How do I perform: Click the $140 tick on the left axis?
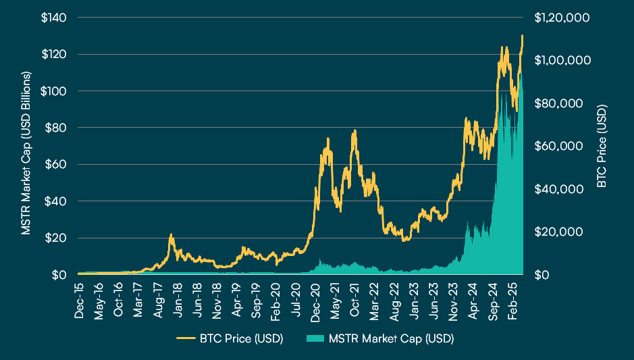click(53, 18)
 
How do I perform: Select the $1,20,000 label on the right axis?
click(562, 18)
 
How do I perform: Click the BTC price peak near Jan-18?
click(171, 234)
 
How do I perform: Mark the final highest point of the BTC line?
click(522, 36)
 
